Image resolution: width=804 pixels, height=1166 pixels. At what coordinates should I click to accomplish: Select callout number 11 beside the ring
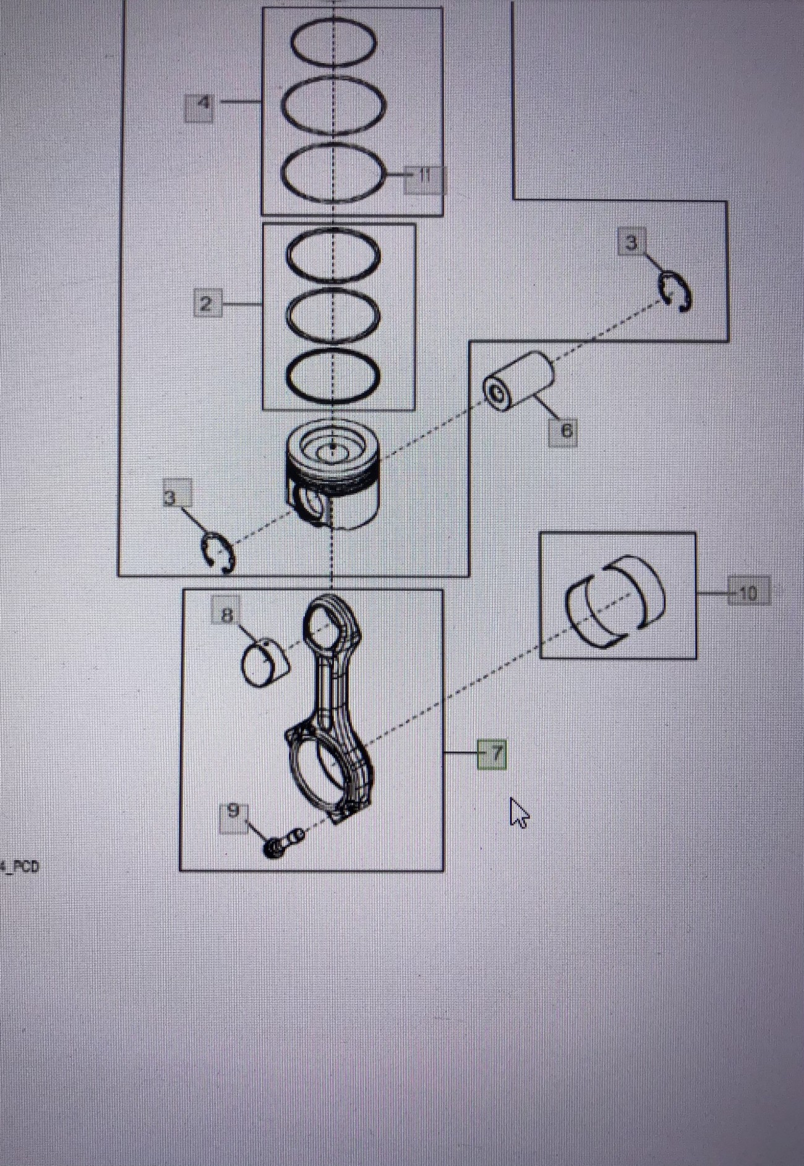click(x=424, y=177)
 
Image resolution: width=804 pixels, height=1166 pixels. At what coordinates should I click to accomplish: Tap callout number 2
click(x=207, y=304)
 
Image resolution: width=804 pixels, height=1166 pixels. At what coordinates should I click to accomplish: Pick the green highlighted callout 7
click(x=492, y=754)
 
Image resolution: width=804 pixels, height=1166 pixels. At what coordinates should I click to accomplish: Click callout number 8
click(x=226, y=614)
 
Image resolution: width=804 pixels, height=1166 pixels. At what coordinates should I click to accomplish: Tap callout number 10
click(x=748, y=593)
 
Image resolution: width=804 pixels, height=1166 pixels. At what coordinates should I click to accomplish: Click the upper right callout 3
click(x=631, y=242)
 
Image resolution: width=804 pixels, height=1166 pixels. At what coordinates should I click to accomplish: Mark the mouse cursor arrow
click(x=518, y=812)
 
